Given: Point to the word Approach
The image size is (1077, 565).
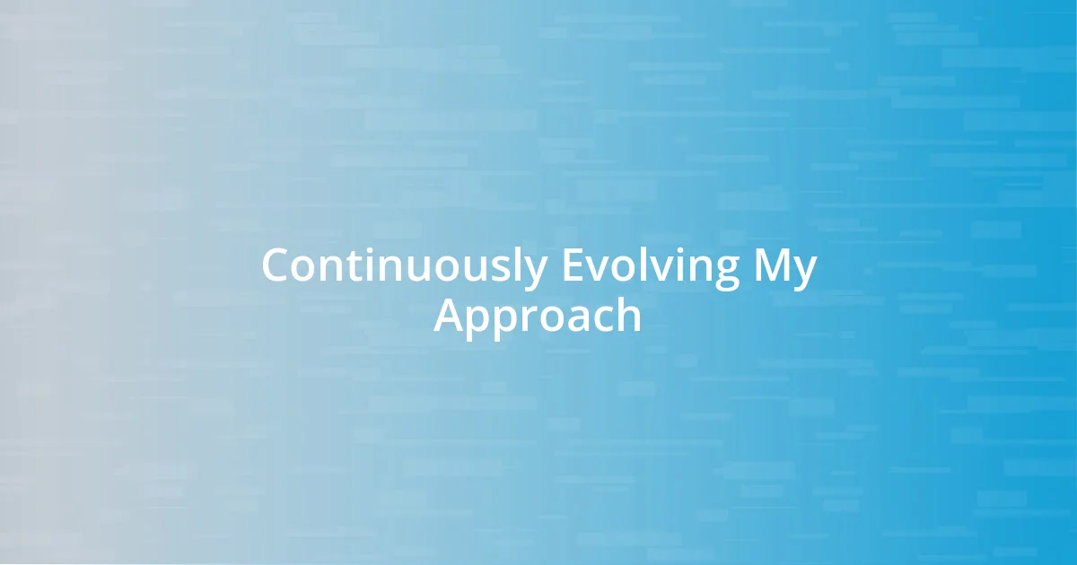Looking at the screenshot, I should [538, 317].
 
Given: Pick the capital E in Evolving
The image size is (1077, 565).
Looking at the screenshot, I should [572, 266].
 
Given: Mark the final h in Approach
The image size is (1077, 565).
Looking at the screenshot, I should [628, 317].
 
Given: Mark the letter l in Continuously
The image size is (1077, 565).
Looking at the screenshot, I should [518, 266].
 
